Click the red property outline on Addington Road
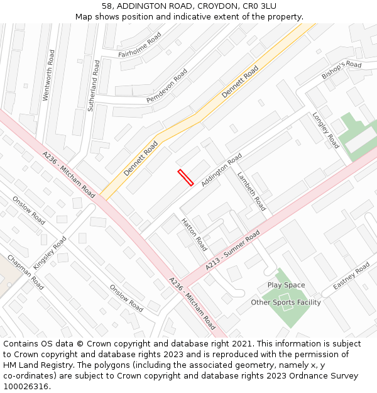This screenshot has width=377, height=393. (185, 177)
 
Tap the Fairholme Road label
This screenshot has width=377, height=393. (139, 45)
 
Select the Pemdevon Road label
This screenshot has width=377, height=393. (167, 86)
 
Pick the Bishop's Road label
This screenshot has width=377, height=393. (342, 69)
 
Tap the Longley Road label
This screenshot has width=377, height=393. (325, 130)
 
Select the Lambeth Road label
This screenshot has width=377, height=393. (251, 191)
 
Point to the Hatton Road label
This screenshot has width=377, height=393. (194, 234)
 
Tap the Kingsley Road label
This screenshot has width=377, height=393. (50, 253)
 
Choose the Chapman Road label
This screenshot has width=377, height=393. (26, 272)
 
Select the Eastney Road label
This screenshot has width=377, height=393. (351, 277)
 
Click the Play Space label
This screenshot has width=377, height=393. (286, 285)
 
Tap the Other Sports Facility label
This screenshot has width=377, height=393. (286, 302)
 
